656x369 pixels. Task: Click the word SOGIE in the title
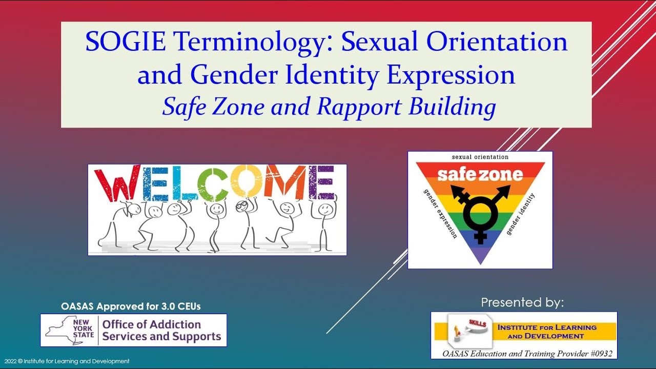click(x=125, y=42)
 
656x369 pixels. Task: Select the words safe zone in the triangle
click(x=480, y=175)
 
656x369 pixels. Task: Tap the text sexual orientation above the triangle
click(x=480, y=157)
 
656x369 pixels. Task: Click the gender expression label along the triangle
click(x=440, y=214)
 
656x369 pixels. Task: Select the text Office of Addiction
click(x=151, y=324)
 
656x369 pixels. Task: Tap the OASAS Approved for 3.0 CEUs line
click(x=131, y=306)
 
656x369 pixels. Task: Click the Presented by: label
click(x=522, y=302)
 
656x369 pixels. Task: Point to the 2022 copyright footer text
click(x=66, y=361)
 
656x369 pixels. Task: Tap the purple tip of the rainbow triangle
click(x=480, y=256)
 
